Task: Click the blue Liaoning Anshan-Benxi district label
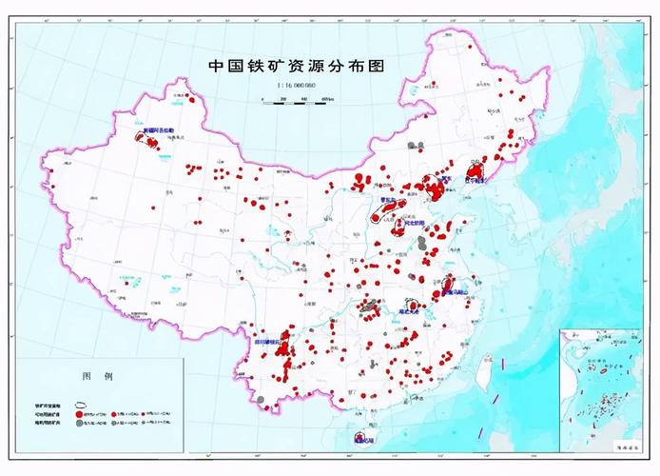pos(474,178)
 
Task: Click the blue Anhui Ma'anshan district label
pos(459,292)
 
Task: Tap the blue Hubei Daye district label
pos(410,310)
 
